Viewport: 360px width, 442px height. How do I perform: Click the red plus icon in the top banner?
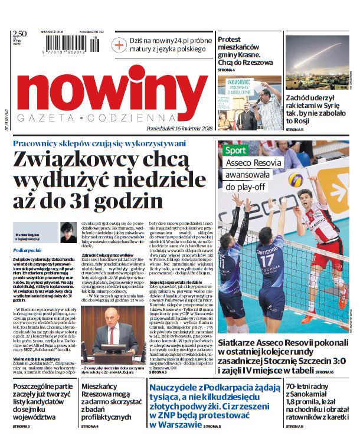[x=120, y=45]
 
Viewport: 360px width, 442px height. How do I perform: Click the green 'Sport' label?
[x=234, y=150]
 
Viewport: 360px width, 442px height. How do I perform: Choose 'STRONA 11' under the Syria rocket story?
[x=295, y=129]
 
